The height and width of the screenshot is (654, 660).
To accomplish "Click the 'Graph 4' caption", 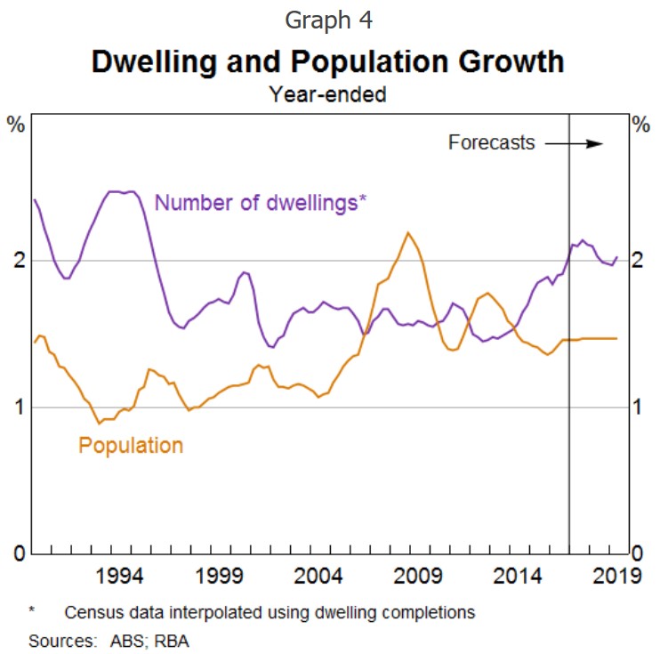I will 329,20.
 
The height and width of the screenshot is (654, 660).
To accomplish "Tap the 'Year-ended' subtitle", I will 328,93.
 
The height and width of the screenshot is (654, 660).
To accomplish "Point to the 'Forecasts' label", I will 491,142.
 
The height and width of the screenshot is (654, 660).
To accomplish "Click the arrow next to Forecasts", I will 574,143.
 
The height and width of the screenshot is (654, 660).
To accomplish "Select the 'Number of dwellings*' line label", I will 261,202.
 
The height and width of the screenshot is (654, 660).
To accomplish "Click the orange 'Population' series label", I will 131,445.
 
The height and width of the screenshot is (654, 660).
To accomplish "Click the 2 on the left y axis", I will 17,260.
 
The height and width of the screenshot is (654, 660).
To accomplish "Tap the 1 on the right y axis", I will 638,407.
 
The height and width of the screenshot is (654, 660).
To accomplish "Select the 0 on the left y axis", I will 17,553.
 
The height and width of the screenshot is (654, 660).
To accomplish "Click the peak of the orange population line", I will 408,233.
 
